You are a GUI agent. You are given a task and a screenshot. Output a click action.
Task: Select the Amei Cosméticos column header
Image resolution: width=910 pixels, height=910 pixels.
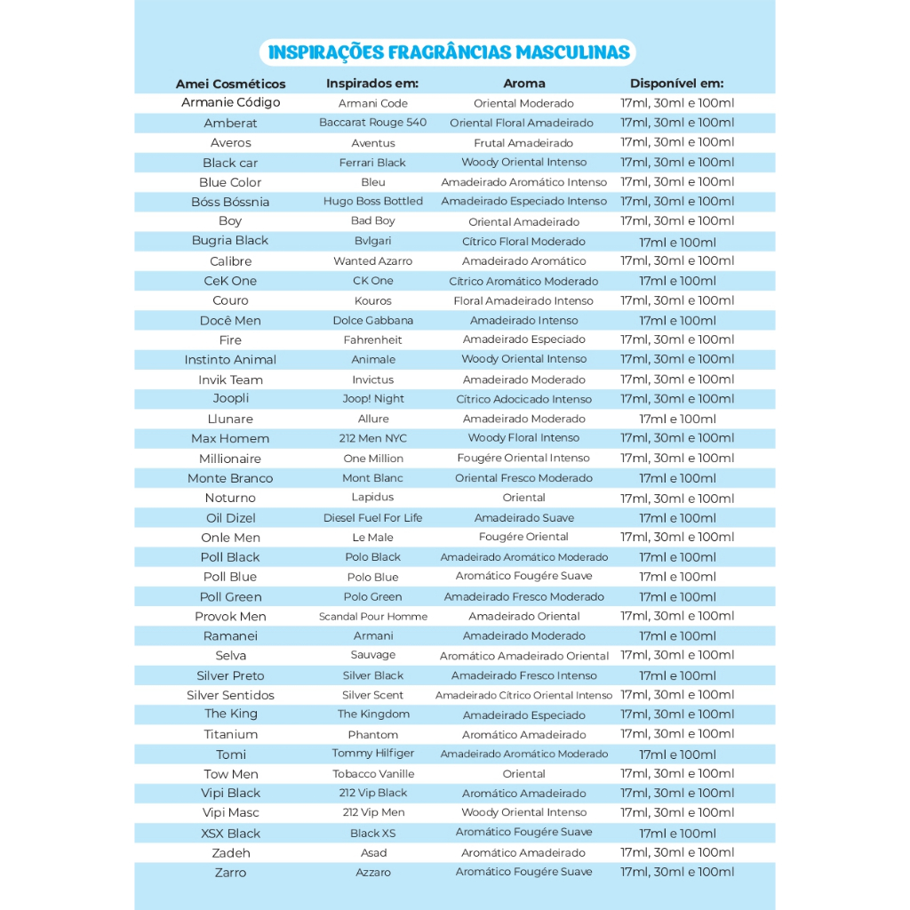(x=230, y=84)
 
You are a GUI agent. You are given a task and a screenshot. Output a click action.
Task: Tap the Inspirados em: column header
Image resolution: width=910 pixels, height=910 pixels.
(x=372, y=84)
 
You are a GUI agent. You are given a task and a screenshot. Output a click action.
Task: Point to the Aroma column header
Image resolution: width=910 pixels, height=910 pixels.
(x=523, y=84)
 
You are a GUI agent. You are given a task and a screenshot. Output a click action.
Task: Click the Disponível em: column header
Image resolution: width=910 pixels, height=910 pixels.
(x=676, y=84)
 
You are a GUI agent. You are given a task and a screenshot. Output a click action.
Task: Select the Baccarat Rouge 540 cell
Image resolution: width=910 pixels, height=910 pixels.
(x=372, y=123)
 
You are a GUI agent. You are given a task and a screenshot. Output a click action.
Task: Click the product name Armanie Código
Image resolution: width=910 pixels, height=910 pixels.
(x=230, y=102)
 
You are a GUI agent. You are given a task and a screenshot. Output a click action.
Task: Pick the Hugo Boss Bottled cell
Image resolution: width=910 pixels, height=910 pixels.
(x=372, y=202)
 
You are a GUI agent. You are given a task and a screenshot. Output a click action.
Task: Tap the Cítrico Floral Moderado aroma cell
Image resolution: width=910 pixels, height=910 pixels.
(x=523, y=242)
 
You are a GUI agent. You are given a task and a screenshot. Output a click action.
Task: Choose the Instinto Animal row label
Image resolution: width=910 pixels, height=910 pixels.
(x=230, y=360)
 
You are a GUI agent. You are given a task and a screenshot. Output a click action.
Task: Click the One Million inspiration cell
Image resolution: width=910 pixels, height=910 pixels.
(x=372, y=459)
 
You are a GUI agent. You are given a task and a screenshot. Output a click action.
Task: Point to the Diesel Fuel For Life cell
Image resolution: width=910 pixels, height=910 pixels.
(x=372, y=518)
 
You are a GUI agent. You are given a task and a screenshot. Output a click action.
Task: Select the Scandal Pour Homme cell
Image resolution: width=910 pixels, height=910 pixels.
(x=372, y=617)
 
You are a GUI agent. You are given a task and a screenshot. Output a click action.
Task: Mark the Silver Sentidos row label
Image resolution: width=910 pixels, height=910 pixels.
(x=230, y=695)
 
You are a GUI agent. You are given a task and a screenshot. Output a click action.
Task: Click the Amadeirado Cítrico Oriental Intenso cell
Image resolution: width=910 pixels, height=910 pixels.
(x=523, y=696)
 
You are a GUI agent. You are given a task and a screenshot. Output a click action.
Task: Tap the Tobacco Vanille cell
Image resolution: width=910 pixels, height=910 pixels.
(x=372, y=774)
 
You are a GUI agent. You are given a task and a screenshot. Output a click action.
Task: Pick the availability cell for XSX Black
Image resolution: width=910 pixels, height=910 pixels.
(x=676, y=834)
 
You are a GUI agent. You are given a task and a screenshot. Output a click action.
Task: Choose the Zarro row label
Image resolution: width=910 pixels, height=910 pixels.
(x=230, y=873)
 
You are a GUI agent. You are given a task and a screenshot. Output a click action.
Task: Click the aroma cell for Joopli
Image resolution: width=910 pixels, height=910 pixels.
(x=523, y=400)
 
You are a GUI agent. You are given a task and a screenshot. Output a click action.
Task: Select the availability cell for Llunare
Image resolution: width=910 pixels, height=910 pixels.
(x=676, y=419)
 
